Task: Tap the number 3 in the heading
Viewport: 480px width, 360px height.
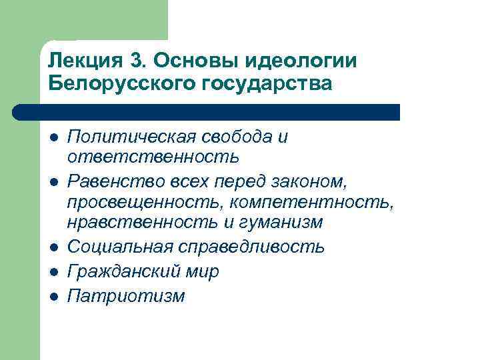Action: [x=137, y=61]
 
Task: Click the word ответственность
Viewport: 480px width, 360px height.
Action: [x=152, y=157]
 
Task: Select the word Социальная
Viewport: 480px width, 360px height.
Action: [x=120, y=247]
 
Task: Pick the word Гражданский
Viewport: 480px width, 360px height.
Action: [x=123, y=272]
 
